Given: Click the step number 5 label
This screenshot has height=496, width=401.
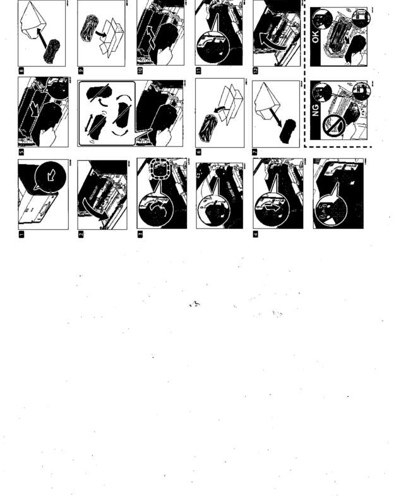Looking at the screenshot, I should pyautogui.click(x=21, y=151).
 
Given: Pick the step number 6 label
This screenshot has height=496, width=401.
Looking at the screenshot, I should pyautogui.click(x=198, y=152).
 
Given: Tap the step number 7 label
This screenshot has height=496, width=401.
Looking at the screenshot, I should pyautogui.click(x=255, y=152).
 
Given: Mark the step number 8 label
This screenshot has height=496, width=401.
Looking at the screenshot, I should pyautogui.click(x=21, y=71).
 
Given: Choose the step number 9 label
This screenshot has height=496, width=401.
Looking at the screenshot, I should pyautogui.click(x=80, y=71).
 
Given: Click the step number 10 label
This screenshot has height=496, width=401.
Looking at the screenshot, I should pyautogui.click(x=139, y=71).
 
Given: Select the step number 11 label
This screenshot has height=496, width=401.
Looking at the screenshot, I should pyautogui.click(x=198, y=71).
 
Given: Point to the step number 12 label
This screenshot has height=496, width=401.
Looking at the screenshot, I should pyautogui.click(x=255, y=71).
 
